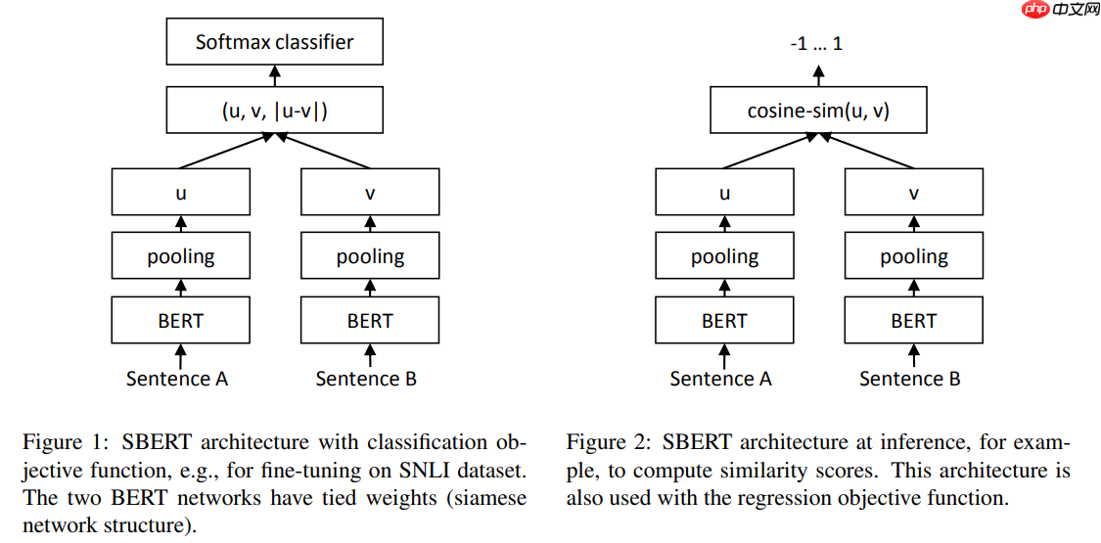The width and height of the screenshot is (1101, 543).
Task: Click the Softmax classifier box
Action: [274, 42]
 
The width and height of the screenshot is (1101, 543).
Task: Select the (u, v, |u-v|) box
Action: [274, 110]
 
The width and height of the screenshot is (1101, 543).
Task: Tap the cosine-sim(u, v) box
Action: [818, 110]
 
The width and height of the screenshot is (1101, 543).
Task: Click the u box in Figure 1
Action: [180, 192]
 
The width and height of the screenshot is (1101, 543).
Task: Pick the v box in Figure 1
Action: [369, 192]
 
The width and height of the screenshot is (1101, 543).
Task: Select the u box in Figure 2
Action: [724, 192]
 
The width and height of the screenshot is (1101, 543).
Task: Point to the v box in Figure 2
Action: [913, 192]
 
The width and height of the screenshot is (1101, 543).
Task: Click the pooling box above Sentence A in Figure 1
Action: [180, 256]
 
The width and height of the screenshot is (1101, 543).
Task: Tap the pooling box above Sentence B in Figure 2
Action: [913, 256]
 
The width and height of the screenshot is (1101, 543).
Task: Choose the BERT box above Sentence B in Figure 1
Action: [369, 320]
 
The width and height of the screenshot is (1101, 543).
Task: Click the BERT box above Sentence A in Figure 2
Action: [724, 320]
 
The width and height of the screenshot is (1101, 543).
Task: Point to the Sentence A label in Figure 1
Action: [177, 379]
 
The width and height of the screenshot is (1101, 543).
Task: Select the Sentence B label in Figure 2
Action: [910, 379]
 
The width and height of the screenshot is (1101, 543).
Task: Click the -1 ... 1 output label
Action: [816, 44]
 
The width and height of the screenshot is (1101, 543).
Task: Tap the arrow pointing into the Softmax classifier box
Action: [275, 74]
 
